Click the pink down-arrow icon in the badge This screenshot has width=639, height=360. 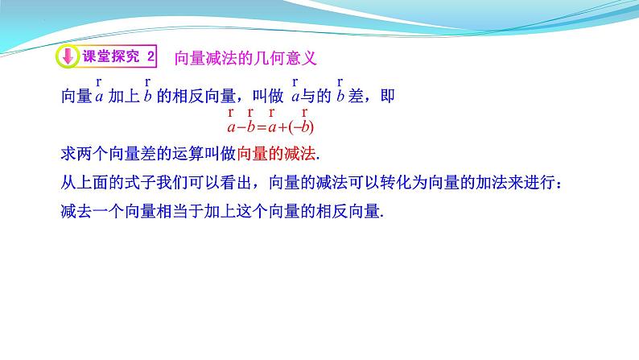coord(68,57)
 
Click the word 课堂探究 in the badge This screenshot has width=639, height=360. coord(109,57)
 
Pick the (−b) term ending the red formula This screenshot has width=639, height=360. coord(303,126)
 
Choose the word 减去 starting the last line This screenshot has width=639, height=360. coord(76,212)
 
